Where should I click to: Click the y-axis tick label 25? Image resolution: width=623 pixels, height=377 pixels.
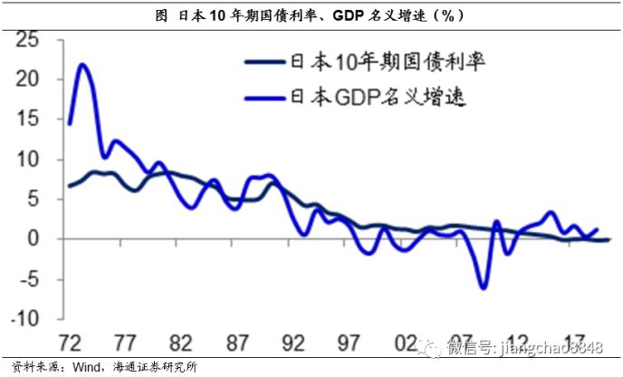(29, 39)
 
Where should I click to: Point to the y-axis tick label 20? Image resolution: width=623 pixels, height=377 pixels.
(29, 79)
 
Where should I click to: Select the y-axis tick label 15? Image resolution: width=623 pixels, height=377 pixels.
(29, 119)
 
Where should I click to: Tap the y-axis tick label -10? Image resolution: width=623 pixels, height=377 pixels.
(24, 318)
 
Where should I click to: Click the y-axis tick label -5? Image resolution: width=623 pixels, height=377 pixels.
(29, 278)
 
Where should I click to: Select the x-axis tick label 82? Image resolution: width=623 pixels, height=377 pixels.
(180, 346)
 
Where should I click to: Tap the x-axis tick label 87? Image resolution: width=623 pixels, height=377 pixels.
(238, 346)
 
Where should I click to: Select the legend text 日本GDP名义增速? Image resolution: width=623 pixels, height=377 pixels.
(366, 95)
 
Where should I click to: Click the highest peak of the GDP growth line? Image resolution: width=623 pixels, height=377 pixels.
(82, 64)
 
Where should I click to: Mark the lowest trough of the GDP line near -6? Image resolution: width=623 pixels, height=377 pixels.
(484, 288)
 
